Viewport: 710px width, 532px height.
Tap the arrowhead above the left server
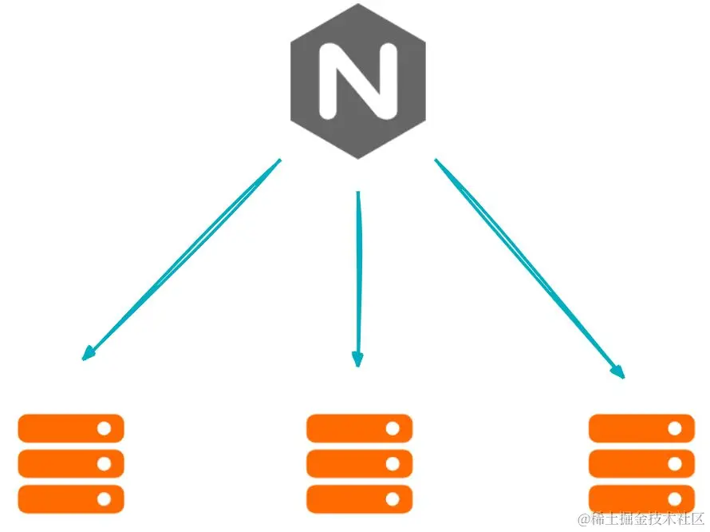coord(89,354)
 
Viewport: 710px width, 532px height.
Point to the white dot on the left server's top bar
coord(105,427)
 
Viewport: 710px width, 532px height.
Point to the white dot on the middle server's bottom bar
coord(392,498)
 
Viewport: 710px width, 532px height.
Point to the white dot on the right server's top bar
coord(675,427)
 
